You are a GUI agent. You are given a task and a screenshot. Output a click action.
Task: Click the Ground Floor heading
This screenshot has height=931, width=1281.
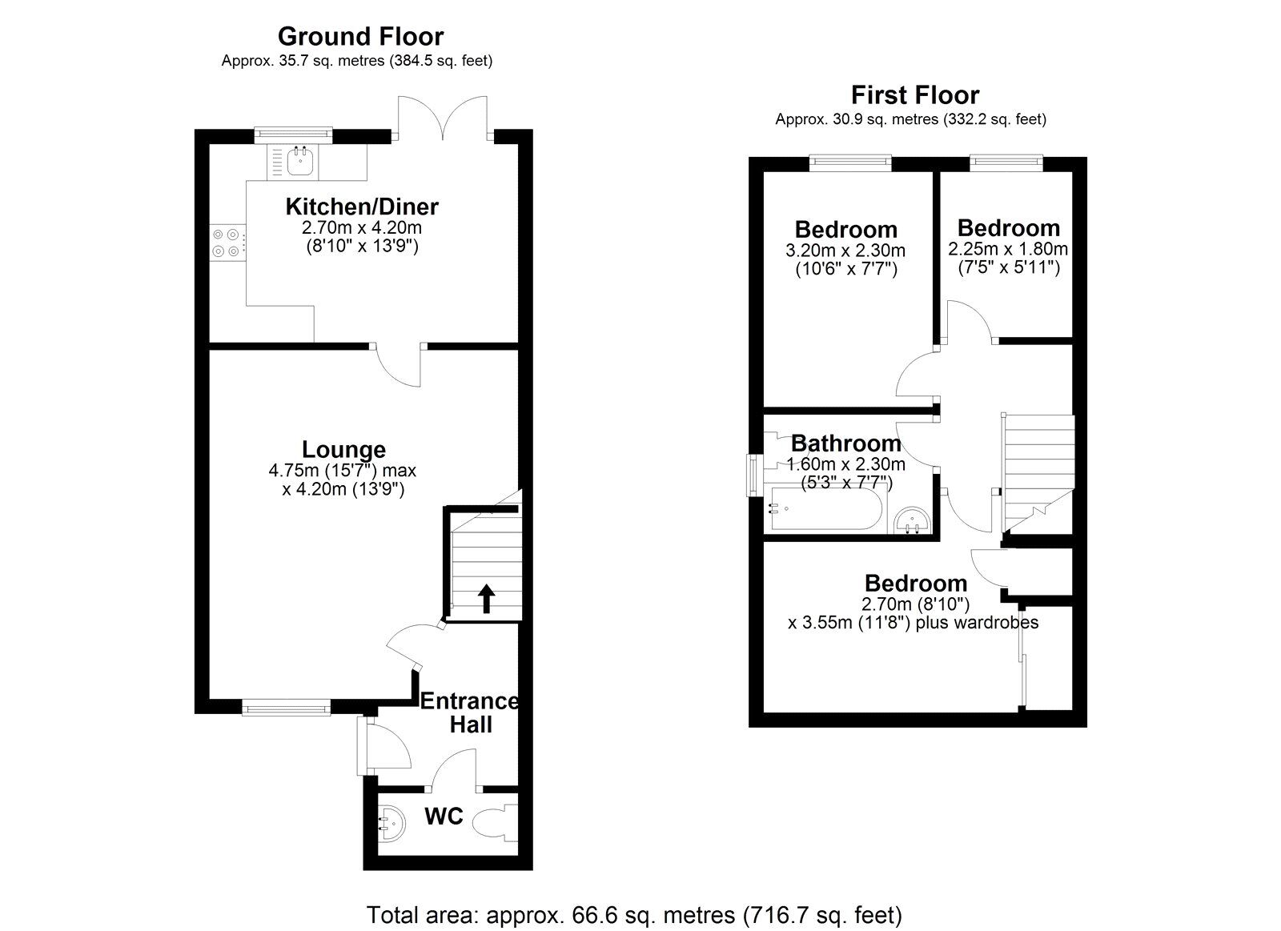[x=360, y=37]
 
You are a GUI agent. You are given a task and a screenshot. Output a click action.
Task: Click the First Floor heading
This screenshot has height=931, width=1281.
[x=915, y=95]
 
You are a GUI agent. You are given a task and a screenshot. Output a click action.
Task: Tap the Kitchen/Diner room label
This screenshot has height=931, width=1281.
[x=362, y=207]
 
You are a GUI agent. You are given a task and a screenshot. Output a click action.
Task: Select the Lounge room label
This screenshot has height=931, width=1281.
[x=343, y=449]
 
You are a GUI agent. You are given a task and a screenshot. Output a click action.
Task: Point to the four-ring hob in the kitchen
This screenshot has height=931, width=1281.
[x=226, y=243]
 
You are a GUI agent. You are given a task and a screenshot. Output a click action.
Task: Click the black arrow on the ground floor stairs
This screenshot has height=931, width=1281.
[x=486, y=598]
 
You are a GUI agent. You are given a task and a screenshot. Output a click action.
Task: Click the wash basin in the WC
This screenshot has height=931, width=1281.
[x=392, y=824]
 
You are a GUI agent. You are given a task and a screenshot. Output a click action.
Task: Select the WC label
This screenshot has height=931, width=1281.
[x=444, y=817]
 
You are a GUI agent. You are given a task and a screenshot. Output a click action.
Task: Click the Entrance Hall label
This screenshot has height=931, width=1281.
[x=470, y=712]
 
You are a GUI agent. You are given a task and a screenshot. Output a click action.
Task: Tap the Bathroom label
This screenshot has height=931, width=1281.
[x=845, y=443]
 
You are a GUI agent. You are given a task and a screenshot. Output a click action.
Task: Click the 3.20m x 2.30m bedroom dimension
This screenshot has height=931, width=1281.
[x=845, y=251]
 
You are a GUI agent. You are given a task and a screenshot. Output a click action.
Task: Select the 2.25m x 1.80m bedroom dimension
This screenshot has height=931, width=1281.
[x=1008, y=249]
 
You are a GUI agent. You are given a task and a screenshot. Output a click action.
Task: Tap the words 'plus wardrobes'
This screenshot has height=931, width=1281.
[x=977, y=622]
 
